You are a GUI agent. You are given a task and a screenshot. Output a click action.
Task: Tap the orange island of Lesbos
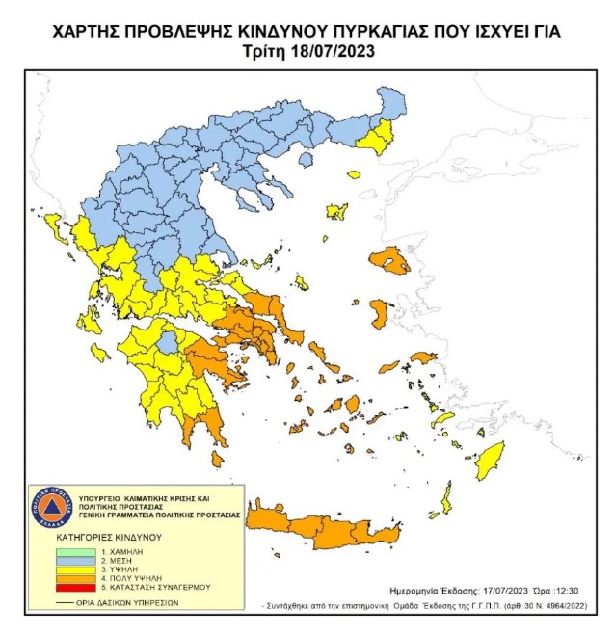coord(391,260)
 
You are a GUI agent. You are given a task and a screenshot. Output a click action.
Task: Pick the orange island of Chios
coord(380,313)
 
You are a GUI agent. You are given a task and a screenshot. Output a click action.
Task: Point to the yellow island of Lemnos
coord(337,210)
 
